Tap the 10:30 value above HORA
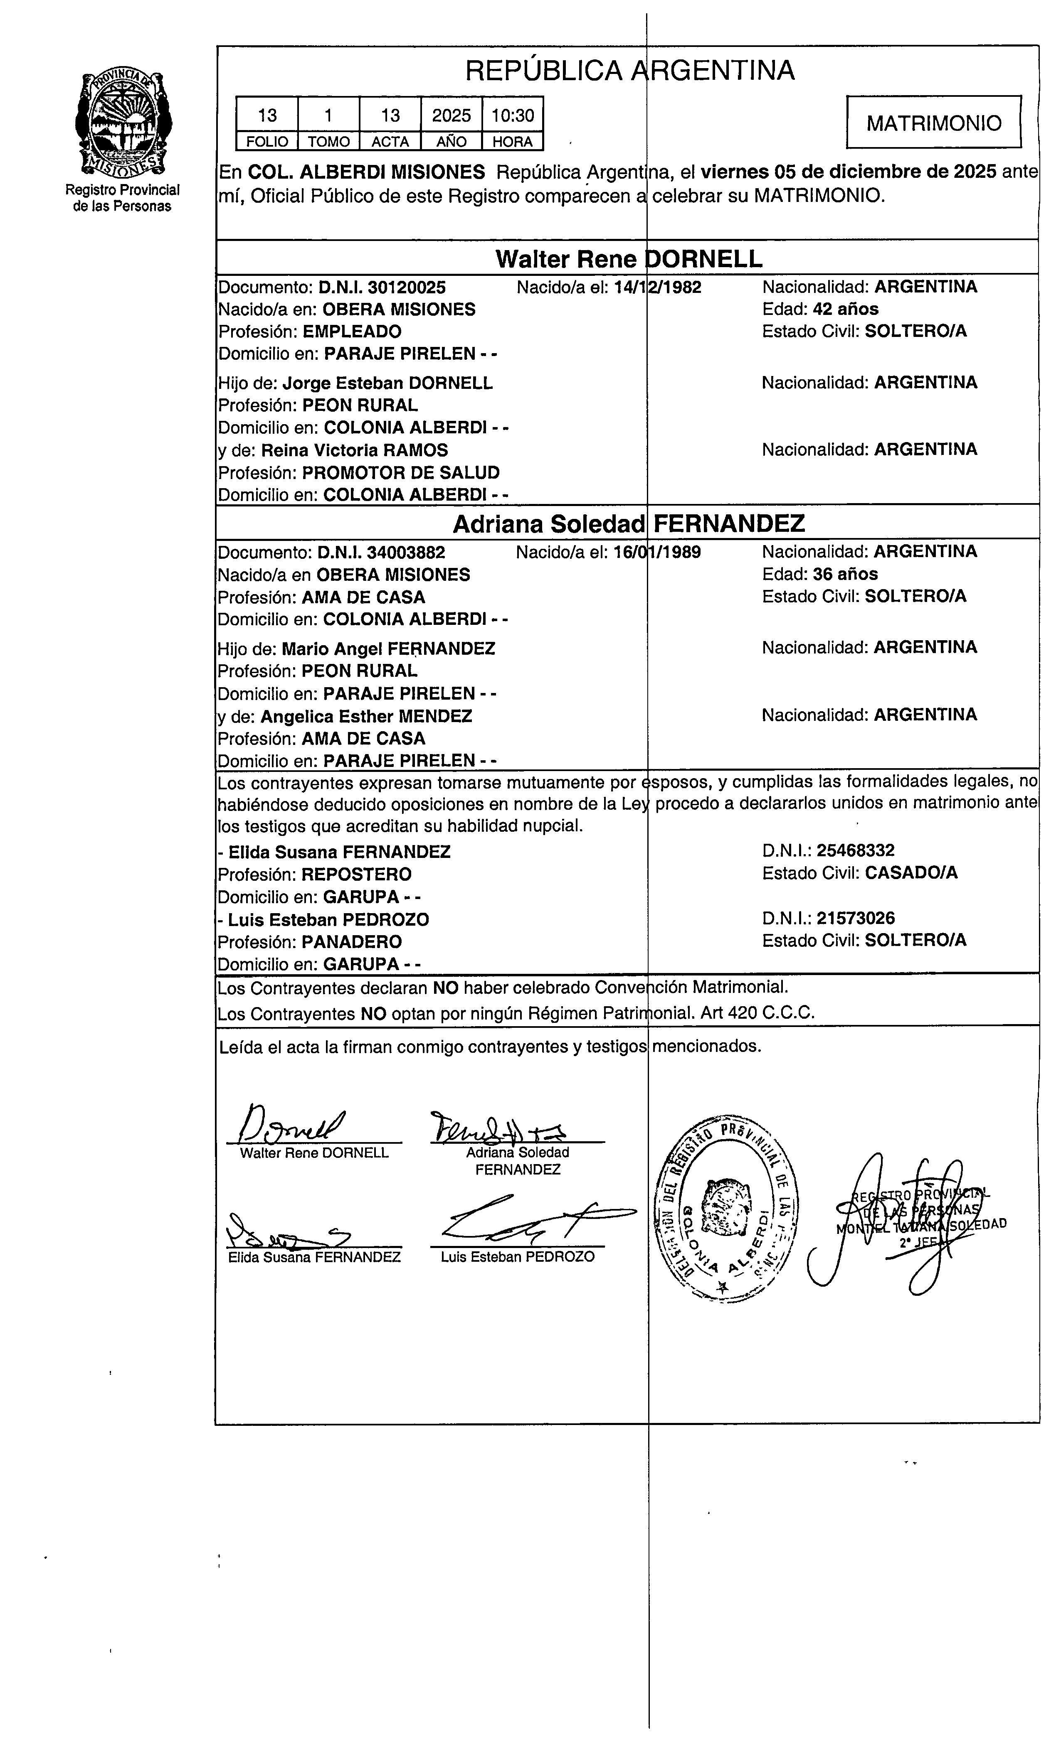pyautogui.click(x=513, y=115)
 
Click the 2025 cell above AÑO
pyautogui.click(x=451, y=115)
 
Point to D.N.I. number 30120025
pyautogui.click(x=382, y=287)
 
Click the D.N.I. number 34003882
pyautogui.click(x=382, y=552)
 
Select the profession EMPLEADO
pyautogui.click(x=352, y=332)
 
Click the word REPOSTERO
pyautogui.click(x=356, y=875)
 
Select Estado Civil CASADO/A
pyautogui.click(x=910, y=873)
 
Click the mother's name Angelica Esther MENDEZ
pyautogui.click(x=366, y=716)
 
